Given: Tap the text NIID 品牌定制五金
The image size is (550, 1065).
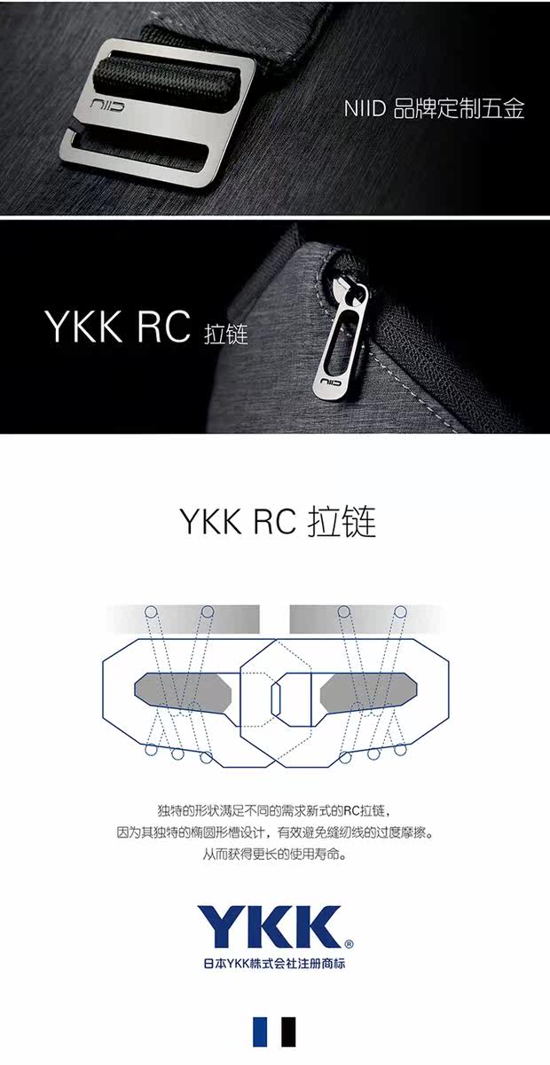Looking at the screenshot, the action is (x=434, y=109).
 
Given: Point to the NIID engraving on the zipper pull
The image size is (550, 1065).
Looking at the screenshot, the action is (x=329, y=382).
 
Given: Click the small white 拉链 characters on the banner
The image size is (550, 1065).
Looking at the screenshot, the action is (x=225, y=335).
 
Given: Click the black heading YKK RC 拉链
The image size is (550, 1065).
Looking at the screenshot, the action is (x=278, y=521).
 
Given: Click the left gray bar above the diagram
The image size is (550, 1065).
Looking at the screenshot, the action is (x=182, y=616).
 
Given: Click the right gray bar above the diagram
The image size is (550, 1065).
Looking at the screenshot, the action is (x=366, y=616).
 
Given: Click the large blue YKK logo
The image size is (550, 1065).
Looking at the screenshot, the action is (x=269, y=927).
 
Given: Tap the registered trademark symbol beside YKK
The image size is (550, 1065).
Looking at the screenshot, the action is (x=349, y=944).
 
